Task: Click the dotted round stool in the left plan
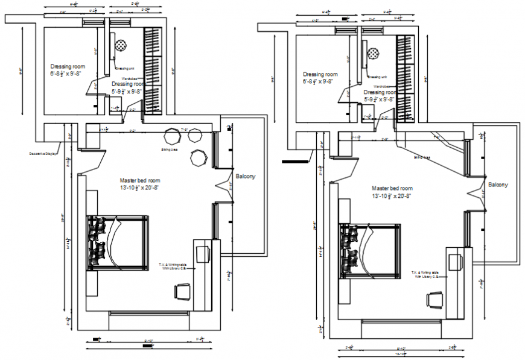pyautogui.click(x=121, y=46)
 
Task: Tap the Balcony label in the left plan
pyautogui.click(x=246, y=177)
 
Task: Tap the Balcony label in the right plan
pyautogui.click(x=498, y=185)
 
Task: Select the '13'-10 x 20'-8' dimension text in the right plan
pyautogui.click(x=392, y=196)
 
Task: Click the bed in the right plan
pyautogui.click(x=370, y=251)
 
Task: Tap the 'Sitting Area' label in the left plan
pyautogui.click(x=169, y=148)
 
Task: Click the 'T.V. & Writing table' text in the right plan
pyautogui.click(x=428, y=272)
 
